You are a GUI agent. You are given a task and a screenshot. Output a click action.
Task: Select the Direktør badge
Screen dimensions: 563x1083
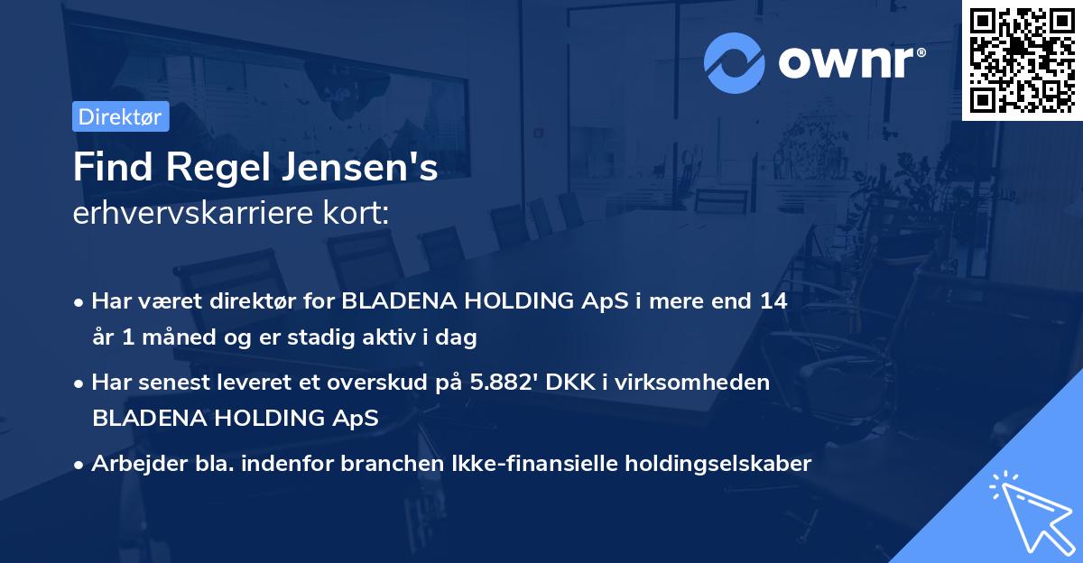pyautogui.click(x=120, y=116)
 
